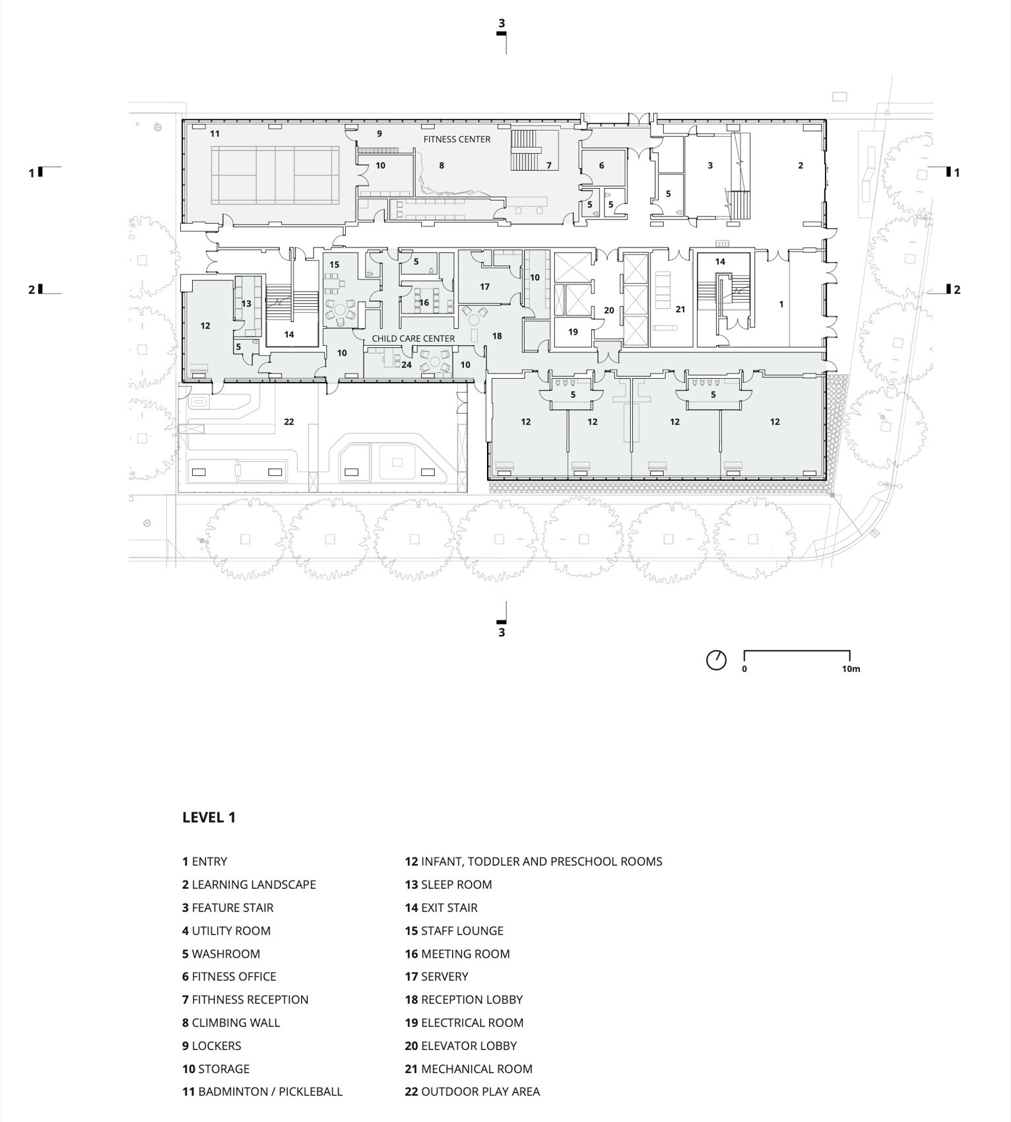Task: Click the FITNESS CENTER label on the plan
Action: point(457,139)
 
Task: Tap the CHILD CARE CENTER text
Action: point(413,339)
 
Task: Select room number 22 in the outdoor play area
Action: point(288,422)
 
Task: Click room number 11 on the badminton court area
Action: point(214,133)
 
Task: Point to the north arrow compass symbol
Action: point(716,659)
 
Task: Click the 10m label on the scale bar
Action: point(851,669)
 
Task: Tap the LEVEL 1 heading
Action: point(209,817)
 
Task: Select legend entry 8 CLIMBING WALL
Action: point(231,1022)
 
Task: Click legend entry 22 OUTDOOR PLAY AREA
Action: point(472,1092)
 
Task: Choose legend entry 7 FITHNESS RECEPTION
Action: point(245,999)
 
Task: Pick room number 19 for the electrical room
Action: point(573,332)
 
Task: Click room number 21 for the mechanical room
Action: point(680,309)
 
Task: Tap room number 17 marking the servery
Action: point(485,286)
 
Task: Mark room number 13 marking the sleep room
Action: point(246,304)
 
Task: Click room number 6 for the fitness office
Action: point(601,166)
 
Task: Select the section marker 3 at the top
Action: point(502,23)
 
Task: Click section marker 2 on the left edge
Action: point(31,289)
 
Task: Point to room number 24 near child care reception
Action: point(407,365)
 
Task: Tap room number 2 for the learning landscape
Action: point(800,166)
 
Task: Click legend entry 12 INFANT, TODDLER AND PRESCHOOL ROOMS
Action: point(533,861)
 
